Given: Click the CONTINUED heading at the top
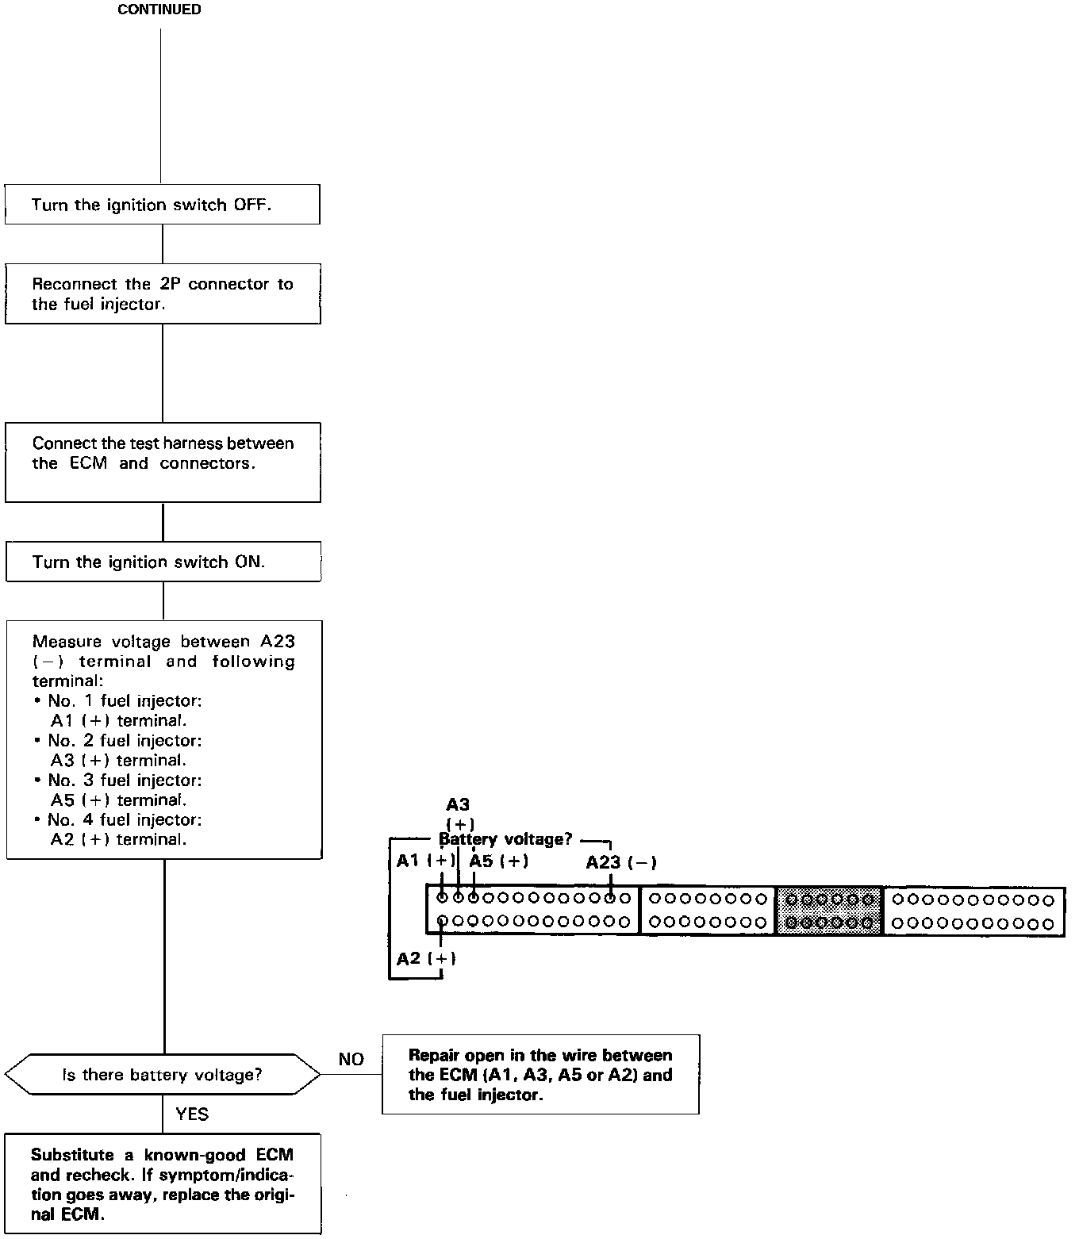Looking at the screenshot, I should [x=159, y=10].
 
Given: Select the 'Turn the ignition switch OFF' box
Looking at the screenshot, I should [x=162, y=205].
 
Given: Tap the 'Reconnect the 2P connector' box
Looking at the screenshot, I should [x=162, y=293].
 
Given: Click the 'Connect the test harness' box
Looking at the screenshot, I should [x=162, y=462].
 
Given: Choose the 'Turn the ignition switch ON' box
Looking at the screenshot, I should [x=162, y=562].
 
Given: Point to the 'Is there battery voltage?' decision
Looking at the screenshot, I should [x=162, y=1075].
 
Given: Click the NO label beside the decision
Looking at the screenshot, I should [x=351, y=1060].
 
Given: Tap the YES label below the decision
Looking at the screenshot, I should [x=192, y=1114].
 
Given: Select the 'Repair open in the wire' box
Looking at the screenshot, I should [x=540, y=1075].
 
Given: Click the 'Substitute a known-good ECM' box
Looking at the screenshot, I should [x=162, y=1184].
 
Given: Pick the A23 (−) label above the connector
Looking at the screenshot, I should [x=621, y=863].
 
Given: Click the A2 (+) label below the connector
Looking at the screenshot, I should [x=426, y=958].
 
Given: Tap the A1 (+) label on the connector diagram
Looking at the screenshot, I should [x=426, y=861].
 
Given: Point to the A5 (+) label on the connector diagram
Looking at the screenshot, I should [x=499, y=861].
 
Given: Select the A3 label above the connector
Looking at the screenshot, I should [x=458, y=805].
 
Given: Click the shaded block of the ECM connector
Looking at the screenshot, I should [x=828, y=911].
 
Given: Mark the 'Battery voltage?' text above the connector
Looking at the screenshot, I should [x=505, y=839].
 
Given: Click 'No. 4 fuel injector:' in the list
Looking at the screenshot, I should [x=124, y=819].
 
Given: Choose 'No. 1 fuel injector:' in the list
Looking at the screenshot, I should [x=124, y=700].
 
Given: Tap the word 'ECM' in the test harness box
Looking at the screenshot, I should [x=88, y=463].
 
